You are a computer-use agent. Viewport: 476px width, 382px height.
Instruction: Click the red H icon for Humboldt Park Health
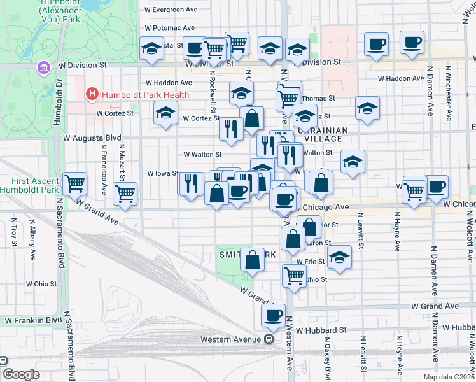point(92,95)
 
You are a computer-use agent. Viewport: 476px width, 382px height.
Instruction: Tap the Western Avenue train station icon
point(269,339)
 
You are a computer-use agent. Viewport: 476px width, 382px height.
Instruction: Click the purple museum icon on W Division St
point(43,67)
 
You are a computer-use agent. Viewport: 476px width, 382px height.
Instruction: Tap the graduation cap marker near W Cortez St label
point(166,114)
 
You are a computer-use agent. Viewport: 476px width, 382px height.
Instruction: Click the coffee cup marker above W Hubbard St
point(274,315)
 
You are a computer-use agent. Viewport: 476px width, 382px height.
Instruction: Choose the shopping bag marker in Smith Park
point(253,260)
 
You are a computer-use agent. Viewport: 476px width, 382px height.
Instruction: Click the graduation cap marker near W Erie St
point(340,257)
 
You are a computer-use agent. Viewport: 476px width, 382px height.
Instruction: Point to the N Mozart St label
point(120,162)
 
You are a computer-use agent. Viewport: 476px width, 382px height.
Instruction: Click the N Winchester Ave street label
point(449,93)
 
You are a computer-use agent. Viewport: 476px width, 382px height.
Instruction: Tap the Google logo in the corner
point(20,374)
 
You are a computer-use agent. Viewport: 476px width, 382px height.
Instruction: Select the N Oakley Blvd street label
point(328,361)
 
